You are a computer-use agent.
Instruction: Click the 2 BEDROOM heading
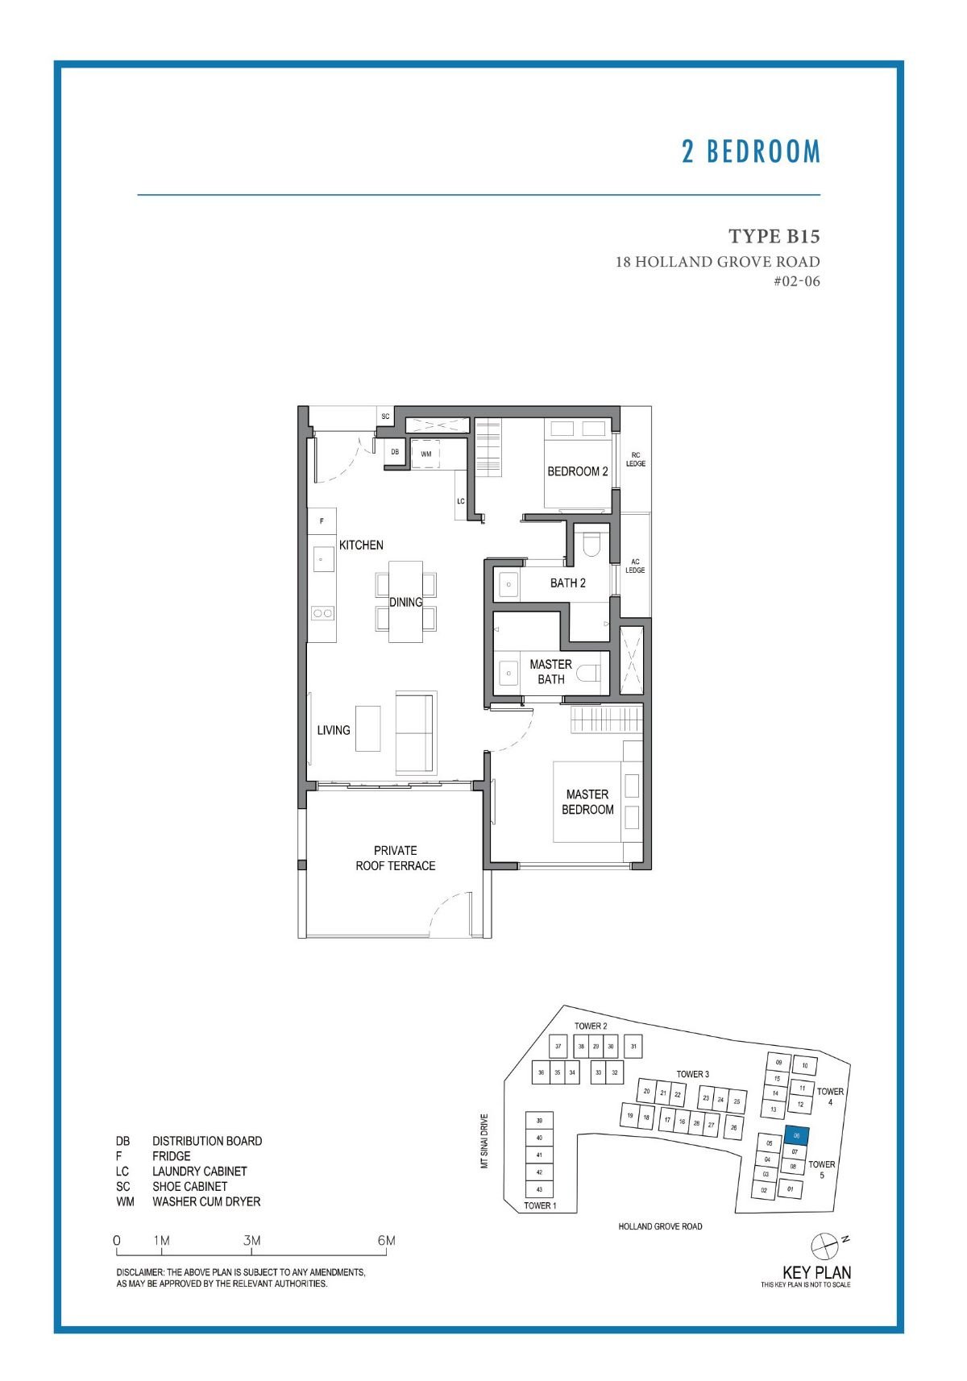(x=750, y=151)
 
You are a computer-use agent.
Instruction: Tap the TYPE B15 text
(x=774, y=236)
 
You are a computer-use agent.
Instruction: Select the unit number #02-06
(x=796, y=281)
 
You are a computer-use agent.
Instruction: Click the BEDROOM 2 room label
(x=577, y=471)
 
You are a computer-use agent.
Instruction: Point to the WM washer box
(x=426, y=454)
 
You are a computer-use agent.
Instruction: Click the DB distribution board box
(x=395, y=452)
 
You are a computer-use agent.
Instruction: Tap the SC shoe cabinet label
(x=385, y=417)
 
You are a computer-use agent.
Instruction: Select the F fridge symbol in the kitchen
(x=322, y=520)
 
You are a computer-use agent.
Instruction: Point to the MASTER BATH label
(x=550, y=671)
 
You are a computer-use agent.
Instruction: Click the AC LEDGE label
(x=635, y=566)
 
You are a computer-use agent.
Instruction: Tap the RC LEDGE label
(x=635, y=459)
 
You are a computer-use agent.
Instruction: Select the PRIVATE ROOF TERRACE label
(x=395, y=857)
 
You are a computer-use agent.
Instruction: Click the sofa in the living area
(x=415, y=732)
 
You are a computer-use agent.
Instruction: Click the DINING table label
(x=405, y=602)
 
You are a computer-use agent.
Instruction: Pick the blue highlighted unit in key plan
(x=795, y=1135)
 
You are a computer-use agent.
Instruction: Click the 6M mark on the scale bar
(x=386, y=1241)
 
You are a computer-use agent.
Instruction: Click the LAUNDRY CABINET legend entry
(x=199, y=1171)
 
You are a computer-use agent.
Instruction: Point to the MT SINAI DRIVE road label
(x=484, y=1141)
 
